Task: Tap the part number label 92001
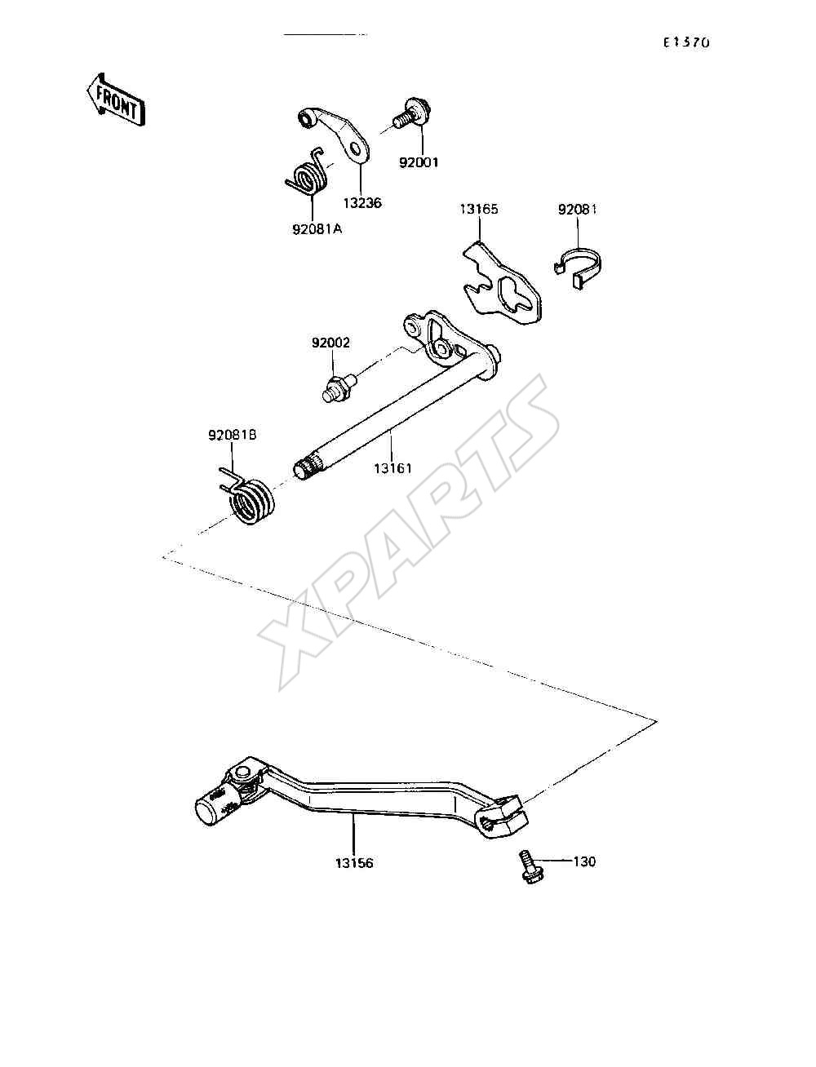(419, 162)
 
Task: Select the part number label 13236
(362, 202)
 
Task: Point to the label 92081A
(317, 228)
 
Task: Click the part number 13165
(479, 209)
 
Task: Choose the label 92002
(330, 343)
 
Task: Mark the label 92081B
(233, 435)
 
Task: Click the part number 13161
(393, 468)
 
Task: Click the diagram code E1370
(686, 42)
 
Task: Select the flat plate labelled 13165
(501, 285)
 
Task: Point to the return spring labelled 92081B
(248, 497)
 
